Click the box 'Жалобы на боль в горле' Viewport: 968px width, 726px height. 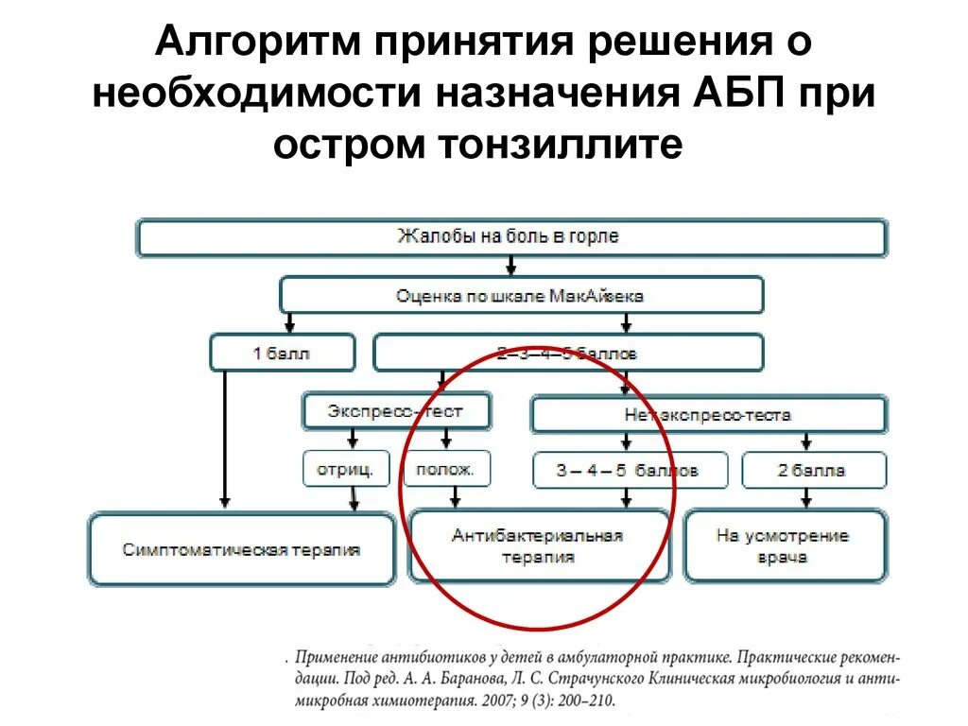pos(511,237)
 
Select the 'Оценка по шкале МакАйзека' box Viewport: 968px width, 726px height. pos(521,295)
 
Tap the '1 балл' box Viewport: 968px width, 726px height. pos(282,354)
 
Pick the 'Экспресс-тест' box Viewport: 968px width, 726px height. pos(396,411)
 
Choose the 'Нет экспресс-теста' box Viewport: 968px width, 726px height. pos(708,414)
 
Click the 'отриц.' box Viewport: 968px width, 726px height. pos(346,468)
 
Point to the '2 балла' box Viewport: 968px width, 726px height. pos(814,470)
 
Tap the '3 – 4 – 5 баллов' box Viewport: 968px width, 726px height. pos(630,470)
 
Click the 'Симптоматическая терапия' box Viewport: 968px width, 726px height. pos(241,548)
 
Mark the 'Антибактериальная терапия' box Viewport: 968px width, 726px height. pos(538,546)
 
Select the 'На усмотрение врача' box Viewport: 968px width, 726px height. pos(784,546)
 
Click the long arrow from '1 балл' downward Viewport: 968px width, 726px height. pos(225,435)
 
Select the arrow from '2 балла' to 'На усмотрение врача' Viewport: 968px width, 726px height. pos(806,497)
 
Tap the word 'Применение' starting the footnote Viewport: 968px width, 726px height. pos(337,656)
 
